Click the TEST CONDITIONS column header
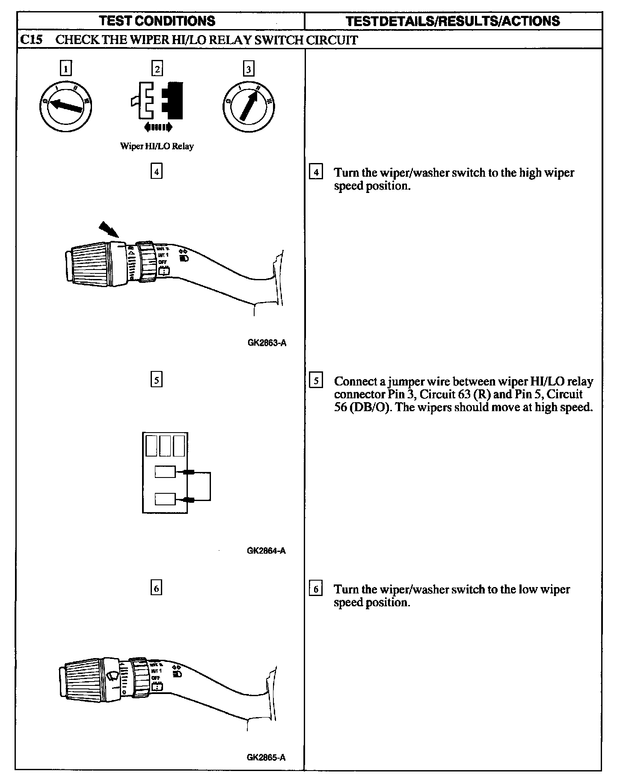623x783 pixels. click(x=157, y=21)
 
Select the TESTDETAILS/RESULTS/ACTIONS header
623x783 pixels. click(x=452, y=21)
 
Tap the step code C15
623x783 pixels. click(x=31, y=40)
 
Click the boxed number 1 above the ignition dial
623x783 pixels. click(x=65, y=68)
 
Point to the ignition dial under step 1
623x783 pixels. click(x=65, y=105)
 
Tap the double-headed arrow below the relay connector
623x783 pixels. click(x=158, y=127)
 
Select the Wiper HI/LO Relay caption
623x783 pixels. click(x=157, y=146)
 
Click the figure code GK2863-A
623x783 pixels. click(x=266, y=343)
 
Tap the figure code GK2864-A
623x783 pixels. click(x=266, y=551)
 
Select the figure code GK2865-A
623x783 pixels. click(x=266, y=757)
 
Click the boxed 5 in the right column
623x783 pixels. click(x=316, y=380)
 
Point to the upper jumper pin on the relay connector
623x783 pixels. click(x=189, y=472)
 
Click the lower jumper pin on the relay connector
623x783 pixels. click(x=189, y=500)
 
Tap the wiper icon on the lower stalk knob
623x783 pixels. click(x=113, y=676)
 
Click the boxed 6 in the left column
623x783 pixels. click(x=157, y=589)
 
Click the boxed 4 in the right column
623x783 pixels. click(x=316, y=172)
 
